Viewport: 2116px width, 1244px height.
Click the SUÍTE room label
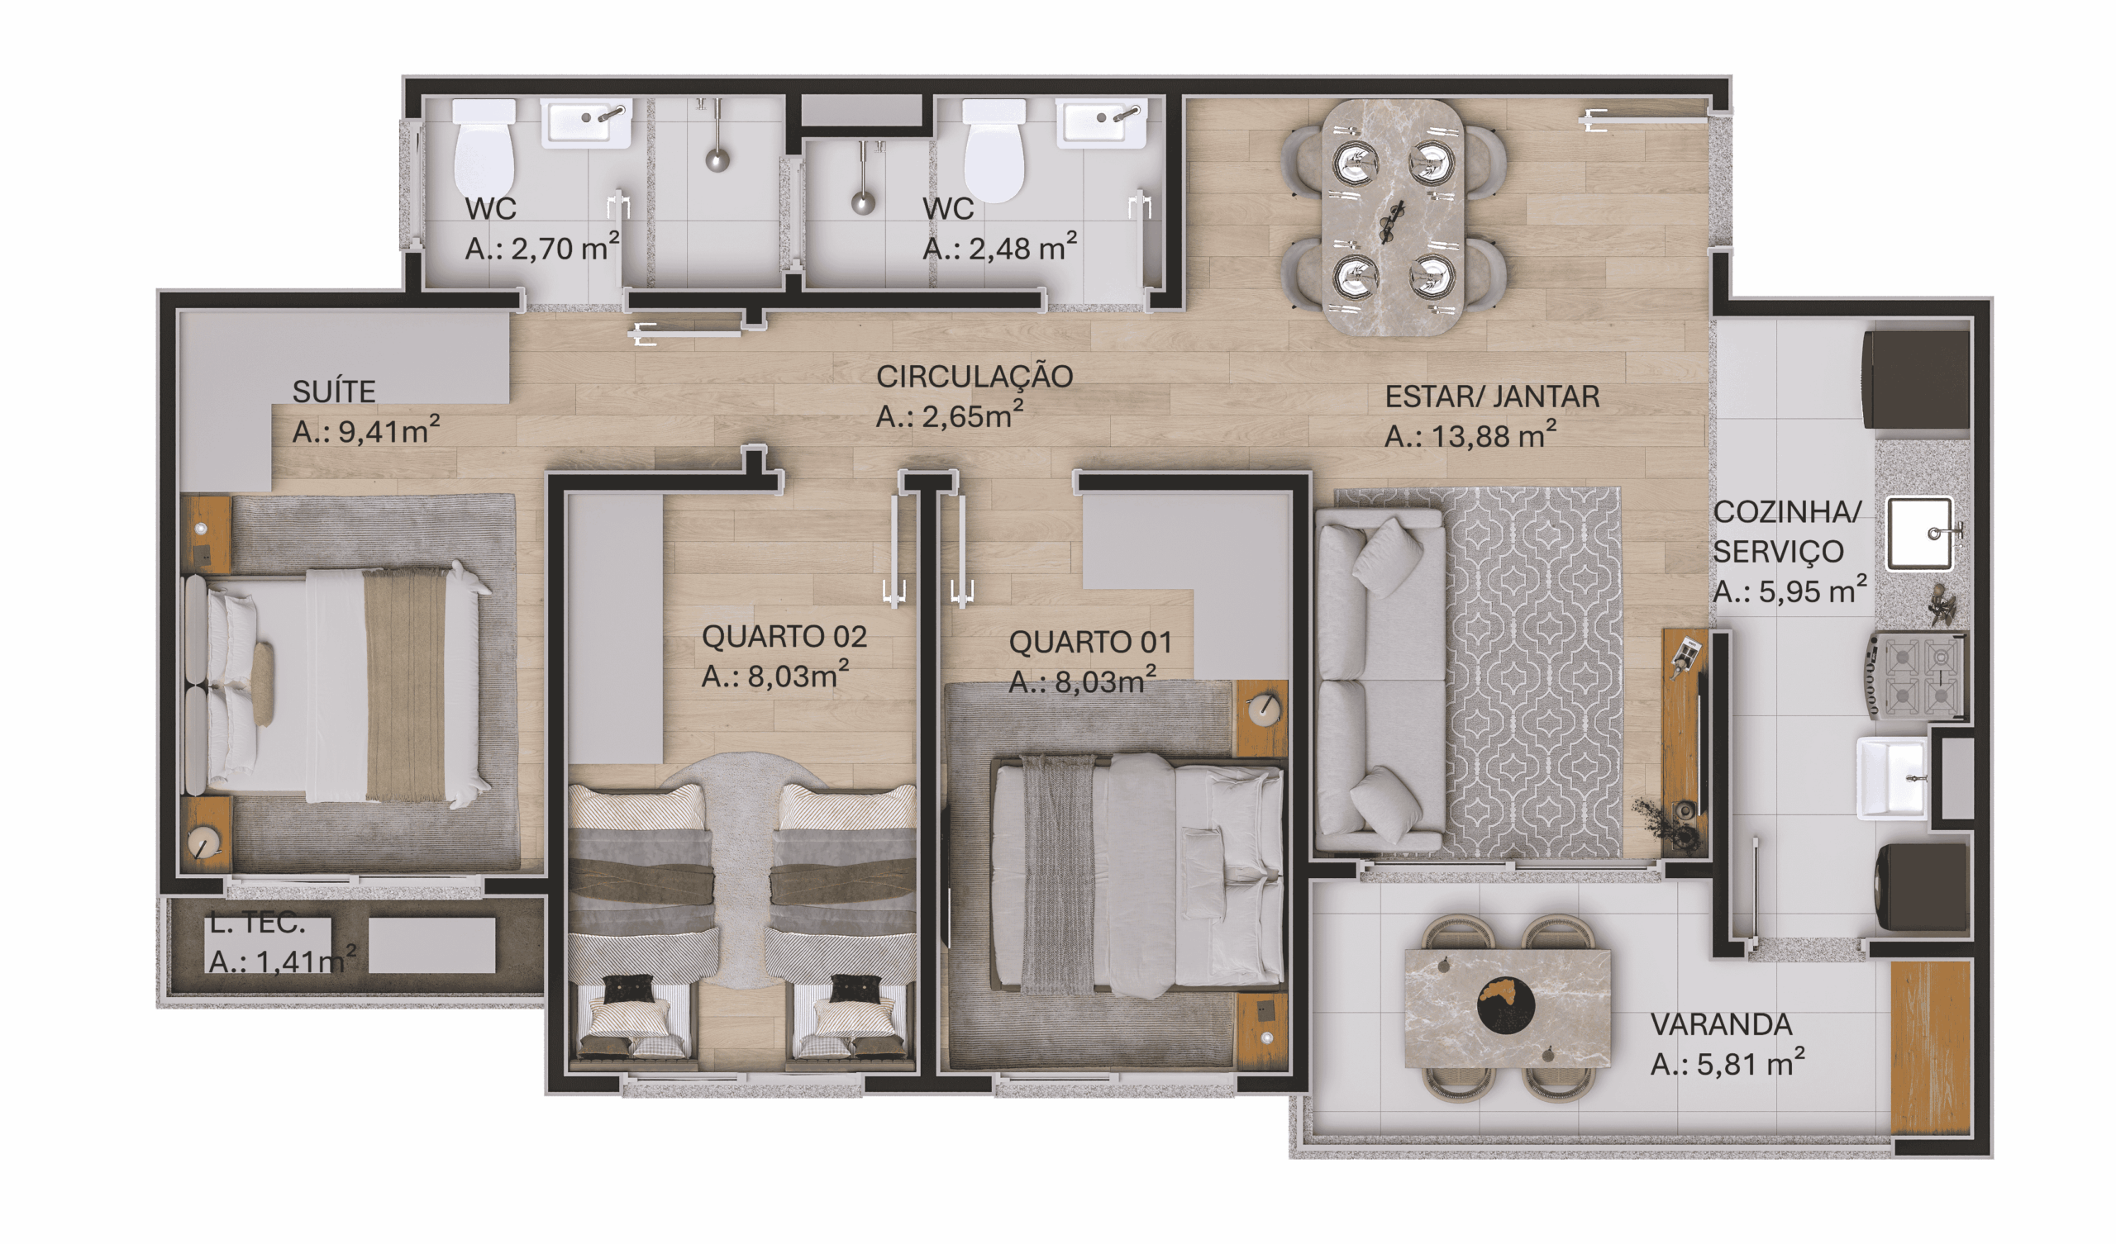tap(333, 392)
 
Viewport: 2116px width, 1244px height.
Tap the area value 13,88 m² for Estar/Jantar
tap(1470, 435)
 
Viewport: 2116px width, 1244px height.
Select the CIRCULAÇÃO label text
tap(974, 377)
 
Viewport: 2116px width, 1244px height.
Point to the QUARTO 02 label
tap(784, 637)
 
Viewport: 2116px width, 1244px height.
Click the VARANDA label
tap(1722, 1024)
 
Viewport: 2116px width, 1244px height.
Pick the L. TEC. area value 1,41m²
tap(282, 960)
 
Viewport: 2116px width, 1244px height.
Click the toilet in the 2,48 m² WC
tap(994, 150)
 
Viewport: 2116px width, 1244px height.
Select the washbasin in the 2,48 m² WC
tap(1101, 124)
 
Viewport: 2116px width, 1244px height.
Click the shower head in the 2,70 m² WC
tap(717, 159)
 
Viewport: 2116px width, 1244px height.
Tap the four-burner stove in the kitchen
tap(1917, 677)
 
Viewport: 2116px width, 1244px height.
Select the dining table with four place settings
tap(1393, 217)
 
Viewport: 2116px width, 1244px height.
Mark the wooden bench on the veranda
tap(1930, 1047)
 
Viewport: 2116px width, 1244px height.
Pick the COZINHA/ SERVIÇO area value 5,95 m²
tap(1790, 591)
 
